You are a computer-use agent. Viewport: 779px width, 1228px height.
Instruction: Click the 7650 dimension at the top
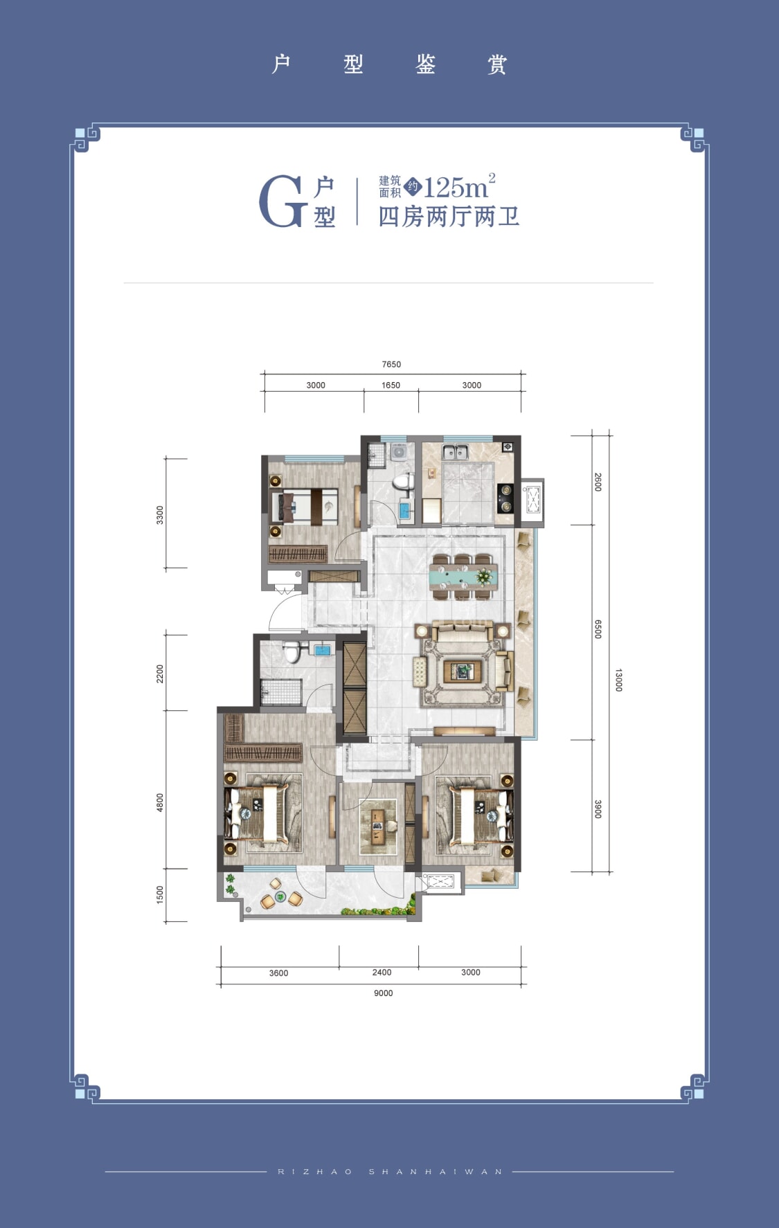pyautogui.click(x=391, y=364)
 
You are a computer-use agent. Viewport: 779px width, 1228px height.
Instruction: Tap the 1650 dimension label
pyautogui.click(x=391, y=385)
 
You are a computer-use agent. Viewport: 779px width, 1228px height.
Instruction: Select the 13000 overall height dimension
pyautogui.click(x=618, y=680)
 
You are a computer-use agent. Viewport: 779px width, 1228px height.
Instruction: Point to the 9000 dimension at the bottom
pyautogui.click(x=383, y=993)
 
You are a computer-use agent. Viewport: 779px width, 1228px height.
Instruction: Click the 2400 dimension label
pyautogui.click(x=382, y=972)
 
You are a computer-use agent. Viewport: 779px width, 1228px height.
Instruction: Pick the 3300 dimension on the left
pyautogui.click(x=160, y=515)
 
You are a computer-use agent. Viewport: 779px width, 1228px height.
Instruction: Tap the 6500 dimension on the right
pyautogui.click(x=598, y=629)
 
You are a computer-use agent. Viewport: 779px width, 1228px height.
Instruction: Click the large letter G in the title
pyautogui.click(x=282, y=201)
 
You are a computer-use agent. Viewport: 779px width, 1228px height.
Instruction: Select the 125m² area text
pyautogui.click(x=459, y=187)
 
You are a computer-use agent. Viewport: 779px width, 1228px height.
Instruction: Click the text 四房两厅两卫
pyautogui.click(x=449, y=217)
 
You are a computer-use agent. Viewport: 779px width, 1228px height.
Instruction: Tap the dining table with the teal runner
pyautogui.click(x=464, y=576)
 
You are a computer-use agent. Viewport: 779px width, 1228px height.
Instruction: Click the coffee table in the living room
pyautogui.click(x=463, y=670)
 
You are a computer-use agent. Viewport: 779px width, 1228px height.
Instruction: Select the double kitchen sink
pyautogui.click(x=456, y=453)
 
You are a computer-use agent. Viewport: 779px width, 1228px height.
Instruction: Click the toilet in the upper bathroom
pyautogui.click(x=402, y=482)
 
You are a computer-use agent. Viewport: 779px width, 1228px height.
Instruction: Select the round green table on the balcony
pyautogui.click(x=280, y=897)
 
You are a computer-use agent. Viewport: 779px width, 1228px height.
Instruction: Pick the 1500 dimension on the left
pyautogui.click(x=160, y=894)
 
